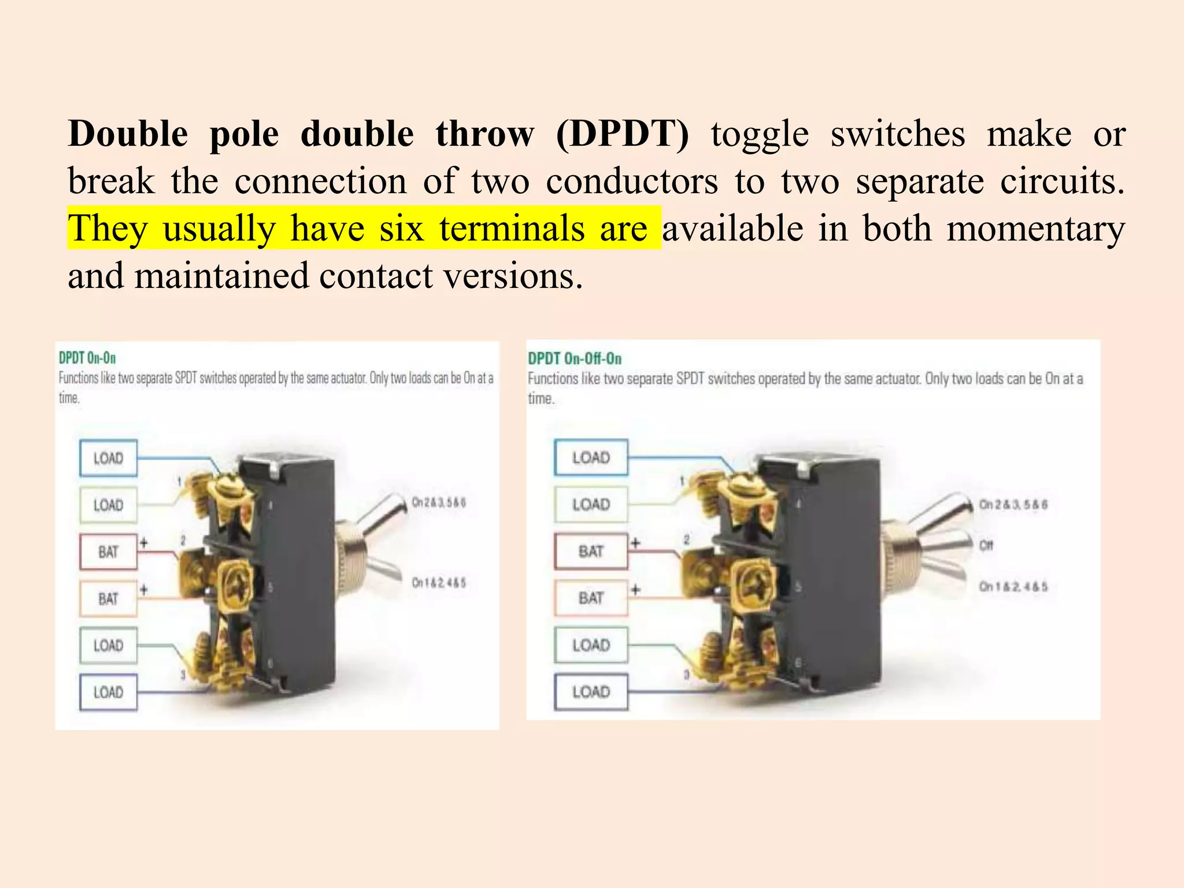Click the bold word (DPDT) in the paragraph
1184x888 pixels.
tap(622, 134)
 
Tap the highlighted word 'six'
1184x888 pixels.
tap(401, 228)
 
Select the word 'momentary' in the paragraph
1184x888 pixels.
tap(1035, 228)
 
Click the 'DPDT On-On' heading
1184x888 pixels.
tap(87, 358)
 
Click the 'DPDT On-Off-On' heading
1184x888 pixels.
tap(575, 358)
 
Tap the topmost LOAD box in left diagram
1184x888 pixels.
tap(108, 458)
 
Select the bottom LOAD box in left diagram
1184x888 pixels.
tap(108, 692)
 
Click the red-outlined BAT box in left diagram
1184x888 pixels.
tap(108, 552)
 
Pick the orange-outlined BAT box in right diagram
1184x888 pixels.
tap(591, 598)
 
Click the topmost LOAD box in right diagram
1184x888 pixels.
tap(591, 458)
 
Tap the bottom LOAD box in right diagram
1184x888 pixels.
tap(591, 691)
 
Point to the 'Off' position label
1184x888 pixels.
tap(986, 545)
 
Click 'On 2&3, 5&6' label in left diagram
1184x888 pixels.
tap(438, 502)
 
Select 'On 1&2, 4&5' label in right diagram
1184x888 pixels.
tap(1013, 587)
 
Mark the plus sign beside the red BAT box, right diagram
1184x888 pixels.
tap(635, 543)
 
